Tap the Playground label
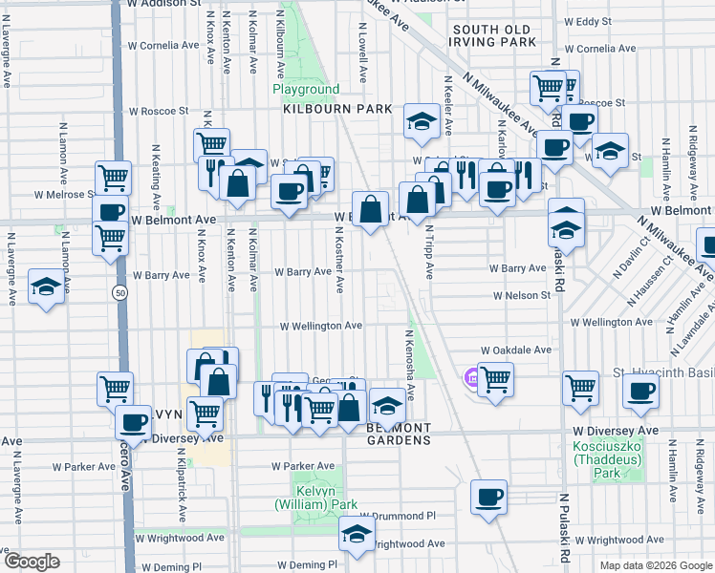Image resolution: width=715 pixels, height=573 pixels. pos(306,90)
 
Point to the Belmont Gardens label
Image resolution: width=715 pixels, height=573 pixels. pos(399,434)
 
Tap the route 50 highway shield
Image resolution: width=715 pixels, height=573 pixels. pos(119,290)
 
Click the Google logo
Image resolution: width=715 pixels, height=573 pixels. pos(32,562)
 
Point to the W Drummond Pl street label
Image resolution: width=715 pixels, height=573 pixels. pos(398,515)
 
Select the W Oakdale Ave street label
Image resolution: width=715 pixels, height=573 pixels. pos(516,350)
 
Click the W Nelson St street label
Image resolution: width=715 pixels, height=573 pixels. pos(522,296)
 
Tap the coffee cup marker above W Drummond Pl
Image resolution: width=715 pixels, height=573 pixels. pos(489,496)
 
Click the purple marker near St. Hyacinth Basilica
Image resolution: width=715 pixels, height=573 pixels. pos(471,378)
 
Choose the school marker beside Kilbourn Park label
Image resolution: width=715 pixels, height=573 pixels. pos(420,120)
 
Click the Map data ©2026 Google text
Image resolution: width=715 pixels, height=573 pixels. pos(654,565)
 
